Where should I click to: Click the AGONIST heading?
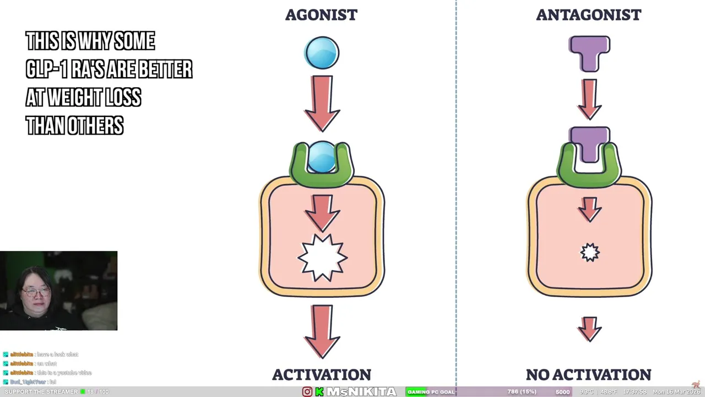pyautogui.click(x=321, y=15)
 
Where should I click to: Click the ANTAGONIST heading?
pyautogui.click(x=588, y=15)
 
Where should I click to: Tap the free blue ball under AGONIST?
pyautogui.click(x=322, y=53)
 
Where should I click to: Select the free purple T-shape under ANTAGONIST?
pyautogui.click(x=589, y=52)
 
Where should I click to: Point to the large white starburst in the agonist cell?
pyautogui.click(x=322, y=257)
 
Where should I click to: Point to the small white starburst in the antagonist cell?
pyautogui.click(x=590, y=253)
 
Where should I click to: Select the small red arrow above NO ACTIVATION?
pyautogui.click(x=589, y=329)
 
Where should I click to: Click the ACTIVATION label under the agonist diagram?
pyautogui.click(x=322, y=375)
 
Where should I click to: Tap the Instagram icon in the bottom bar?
pyautogui.click(x=307, y=392)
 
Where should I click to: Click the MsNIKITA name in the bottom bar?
pyautogui.click(x=361, y=392)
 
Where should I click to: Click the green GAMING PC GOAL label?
pyautogui.click(x=431, y=392)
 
